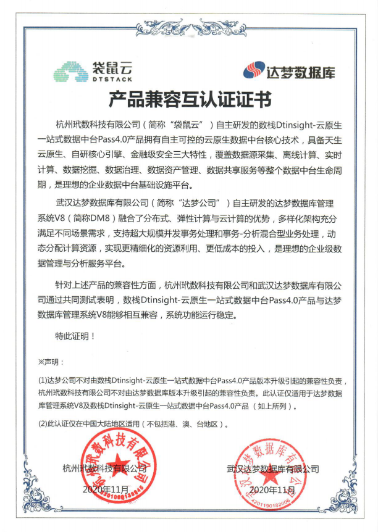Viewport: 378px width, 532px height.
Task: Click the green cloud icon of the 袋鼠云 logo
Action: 70,72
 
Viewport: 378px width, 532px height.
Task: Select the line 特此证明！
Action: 75,337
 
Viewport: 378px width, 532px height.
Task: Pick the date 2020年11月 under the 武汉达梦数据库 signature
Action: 272,489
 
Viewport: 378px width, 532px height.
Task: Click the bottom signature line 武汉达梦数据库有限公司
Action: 272,469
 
